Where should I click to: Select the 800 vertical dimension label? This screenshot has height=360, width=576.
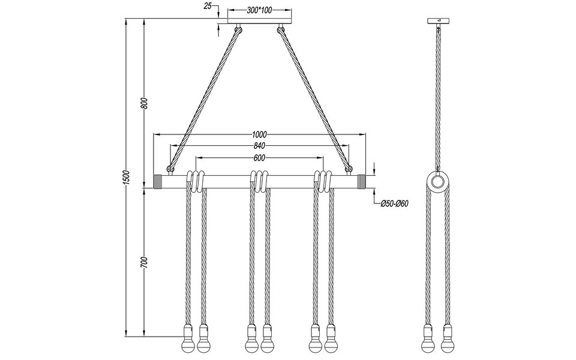click(x=143, y=104)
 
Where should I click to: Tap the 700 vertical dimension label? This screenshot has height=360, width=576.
click(x=143, y=262)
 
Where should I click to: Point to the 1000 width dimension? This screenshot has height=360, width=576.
click(x=259, y=134)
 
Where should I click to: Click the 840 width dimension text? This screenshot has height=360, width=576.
click(x=259, y=146)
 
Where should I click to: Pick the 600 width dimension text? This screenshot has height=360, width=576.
click(x=259, y=158)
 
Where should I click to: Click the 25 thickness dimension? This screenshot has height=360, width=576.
click(x=208, y=6)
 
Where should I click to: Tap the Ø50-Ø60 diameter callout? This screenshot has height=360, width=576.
click(x=394, y=203)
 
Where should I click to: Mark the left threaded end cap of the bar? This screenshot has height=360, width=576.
click(x=159, y=182)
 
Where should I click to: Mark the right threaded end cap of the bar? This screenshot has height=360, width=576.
click(x=362, y=182)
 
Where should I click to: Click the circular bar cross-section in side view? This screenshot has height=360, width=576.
click(x=438, y=182)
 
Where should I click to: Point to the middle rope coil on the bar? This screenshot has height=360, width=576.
click(x=259, y=181)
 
